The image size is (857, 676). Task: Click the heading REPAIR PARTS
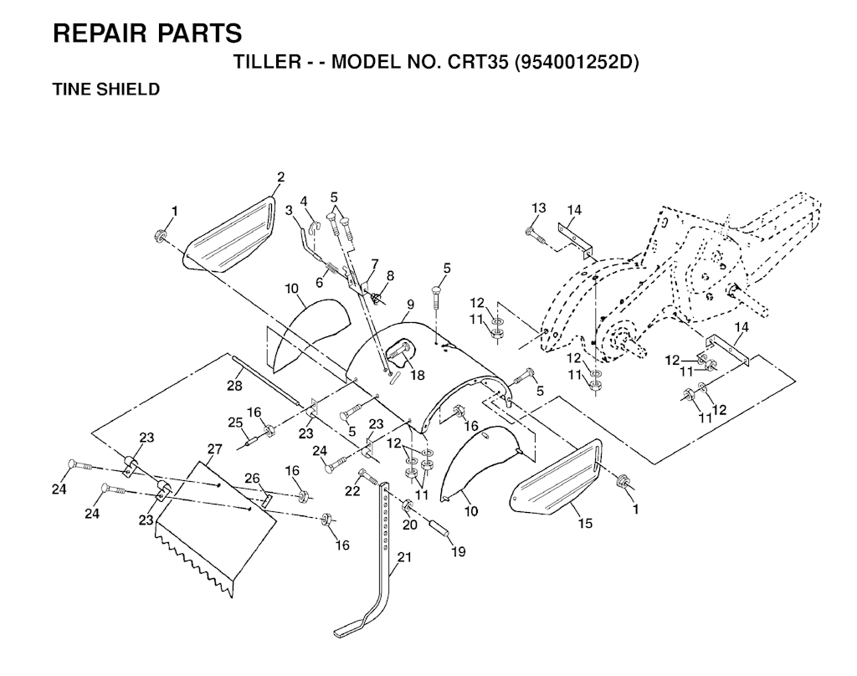click(147, 33)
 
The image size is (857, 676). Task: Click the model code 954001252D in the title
click(576, 64)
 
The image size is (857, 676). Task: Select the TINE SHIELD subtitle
click(105, 89)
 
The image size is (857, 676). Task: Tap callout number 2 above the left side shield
click(280, 177)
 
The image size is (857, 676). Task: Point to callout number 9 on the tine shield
click(409, 305)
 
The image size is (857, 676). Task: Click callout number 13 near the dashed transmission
click(538, 207)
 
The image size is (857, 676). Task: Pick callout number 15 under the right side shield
click(585, 523)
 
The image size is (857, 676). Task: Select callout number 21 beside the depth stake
click(404, 560)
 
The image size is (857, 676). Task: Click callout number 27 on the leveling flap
click(214, 449)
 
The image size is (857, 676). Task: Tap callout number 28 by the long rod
click(234, 386)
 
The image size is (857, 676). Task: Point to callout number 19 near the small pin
click(459, 551)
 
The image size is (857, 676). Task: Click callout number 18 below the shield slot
click(417, 375)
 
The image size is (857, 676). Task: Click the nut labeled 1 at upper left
click(160, 235)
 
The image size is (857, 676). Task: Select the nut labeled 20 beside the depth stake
click(408, 507)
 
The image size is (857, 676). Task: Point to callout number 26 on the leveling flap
click(253, 478)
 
